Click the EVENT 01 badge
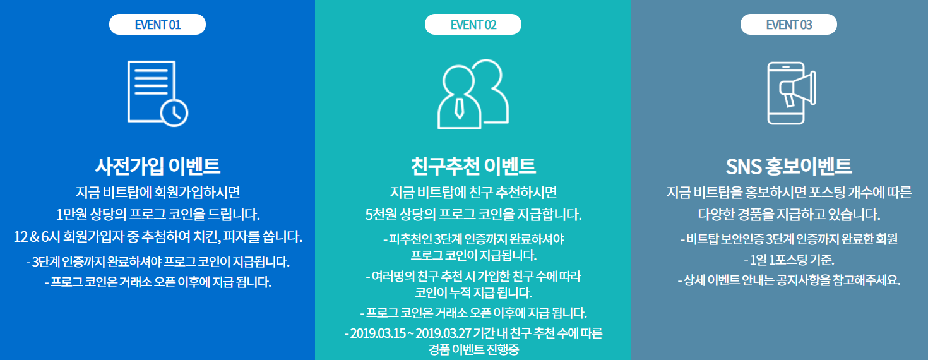point(157,25)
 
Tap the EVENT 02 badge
point(473,25)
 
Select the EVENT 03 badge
point(789,25)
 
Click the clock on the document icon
point(174,112)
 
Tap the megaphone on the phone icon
point(798,88)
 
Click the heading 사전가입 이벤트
point(157,165)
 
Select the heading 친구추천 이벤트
point(473,165)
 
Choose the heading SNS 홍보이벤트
point(789,166)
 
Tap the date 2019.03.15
point(378,333)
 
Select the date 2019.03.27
point(443,333)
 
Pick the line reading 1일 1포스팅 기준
point(789,260)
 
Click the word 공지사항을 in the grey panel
point(802,280)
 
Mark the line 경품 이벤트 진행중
point(473,350)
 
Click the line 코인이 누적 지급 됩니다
point(473,293)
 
